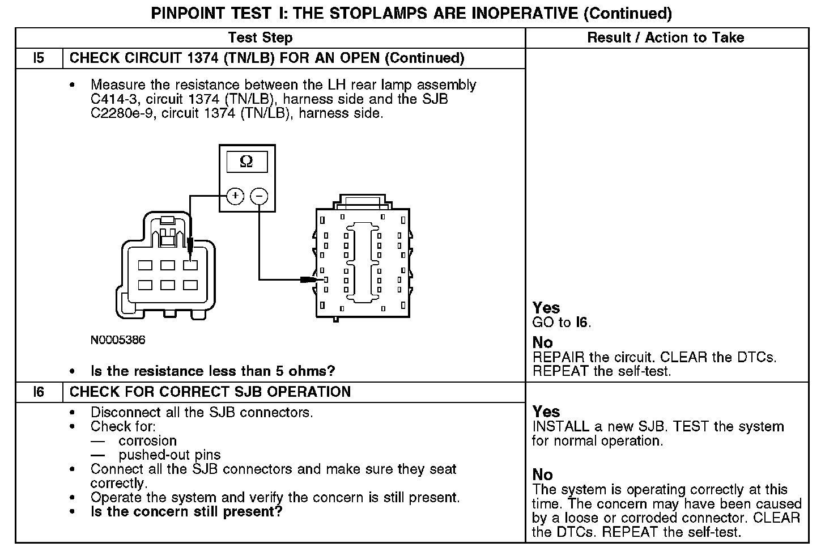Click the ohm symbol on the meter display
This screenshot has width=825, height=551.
click(x=246, y=162)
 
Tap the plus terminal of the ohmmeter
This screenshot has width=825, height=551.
click(x=235, y=196)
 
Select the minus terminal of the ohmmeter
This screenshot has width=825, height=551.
click(x=259, y=196)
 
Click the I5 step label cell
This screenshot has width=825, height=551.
click(x=39, y=58)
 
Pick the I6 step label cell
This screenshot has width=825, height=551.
click(x=39, y=392)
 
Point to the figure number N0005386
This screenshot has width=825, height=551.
click(x=118, y=340)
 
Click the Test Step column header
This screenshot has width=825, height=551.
click(x=260, y=38)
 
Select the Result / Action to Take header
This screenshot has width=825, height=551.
click(x=666, y=38)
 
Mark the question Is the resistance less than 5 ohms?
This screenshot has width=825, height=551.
click(x=213, y=371)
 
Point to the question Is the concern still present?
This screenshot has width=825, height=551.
click(x=186, y=512)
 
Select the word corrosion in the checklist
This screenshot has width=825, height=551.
click(x=147, y=441)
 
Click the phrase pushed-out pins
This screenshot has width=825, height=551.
click(x=169, y=455)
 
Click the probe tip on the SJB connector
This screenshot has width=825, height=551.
click(x=309, y=279)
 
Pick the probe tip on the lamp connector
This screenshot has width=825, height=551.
click(x=190, y=247)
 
